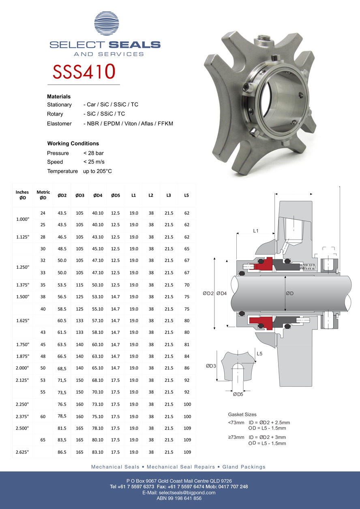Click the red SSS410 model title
pos(84,71)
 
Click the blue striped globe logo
pos(106,24)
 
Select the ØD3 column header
pos(80,195)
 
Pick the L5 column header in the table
pos(186,195)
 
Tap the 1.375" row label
pos(23,285)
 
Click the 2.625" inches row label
pos(22,452)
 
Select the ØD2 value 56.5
pos(62,297)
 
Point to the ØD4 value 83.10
pos(97,452)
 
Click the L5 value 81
pos(186,344)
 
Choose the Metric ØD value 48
pos(43,356)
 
